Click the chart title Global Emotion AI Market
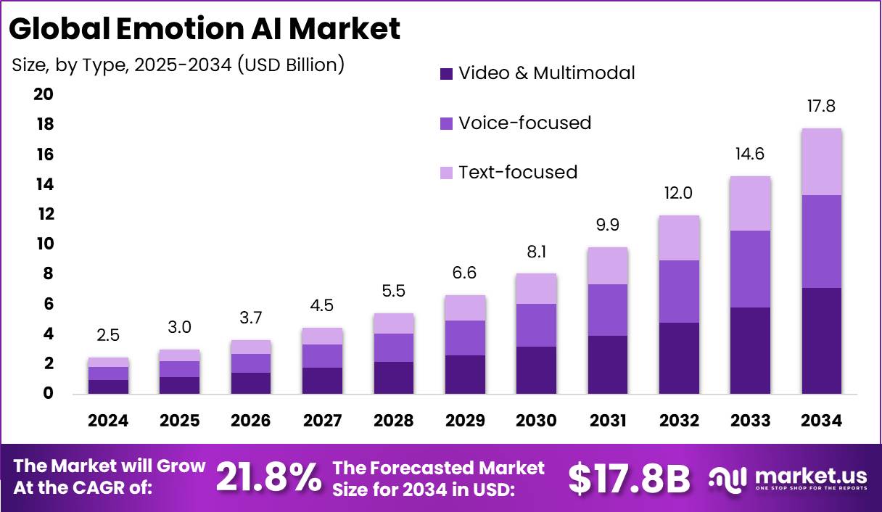(205, 29)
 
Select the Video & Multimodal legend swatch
(446, 73)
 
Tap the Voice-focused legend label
(524, 123)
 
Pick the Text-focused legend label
(518, 172)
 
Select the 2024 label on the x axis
(109, 421)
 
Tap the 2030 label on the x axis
(536, 421)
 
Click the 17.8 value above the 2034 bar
(821, 107)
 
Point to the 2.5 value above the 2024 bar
(109, 335)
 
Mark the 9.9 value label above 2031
(607, 225)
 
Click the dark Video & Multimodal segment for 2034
(821, 341)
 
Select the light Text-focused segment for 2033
(750, 203)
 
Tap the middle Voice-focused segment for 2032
(679, 291)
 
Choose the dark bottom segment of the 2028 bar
(394, 377)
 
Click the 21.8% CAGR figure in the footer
(268, 476)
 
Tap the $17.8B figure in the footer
(629, 477)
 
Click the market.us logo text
(810, 476)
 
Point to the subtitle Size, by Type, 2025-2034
(178, 65)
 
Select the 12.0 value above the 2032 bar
(679, 194)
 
